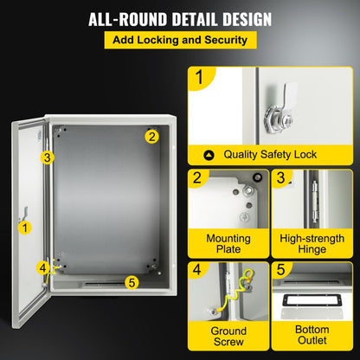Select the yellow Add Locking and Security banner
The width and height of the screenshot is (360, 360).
(x=179, y=40)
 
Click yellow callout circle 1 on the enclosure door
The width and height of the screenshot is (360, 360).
(x=25, y=228)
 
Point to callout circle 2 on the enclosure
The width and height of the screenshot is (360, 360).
(x=151, y=135)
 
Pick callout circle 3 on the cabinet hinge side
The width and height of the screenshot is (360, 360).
(x=48, y=157)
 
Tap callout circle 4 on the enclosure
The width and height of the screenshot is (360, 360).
(x=42, y=267)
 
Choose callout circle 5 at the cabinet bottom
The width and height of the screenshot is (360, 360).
(x=131, y=281)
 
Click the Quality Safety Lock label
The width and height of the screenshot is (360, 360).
(x=271, y=155)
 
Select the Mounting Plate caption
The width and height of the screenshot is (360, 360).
(x=228, y=243)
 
